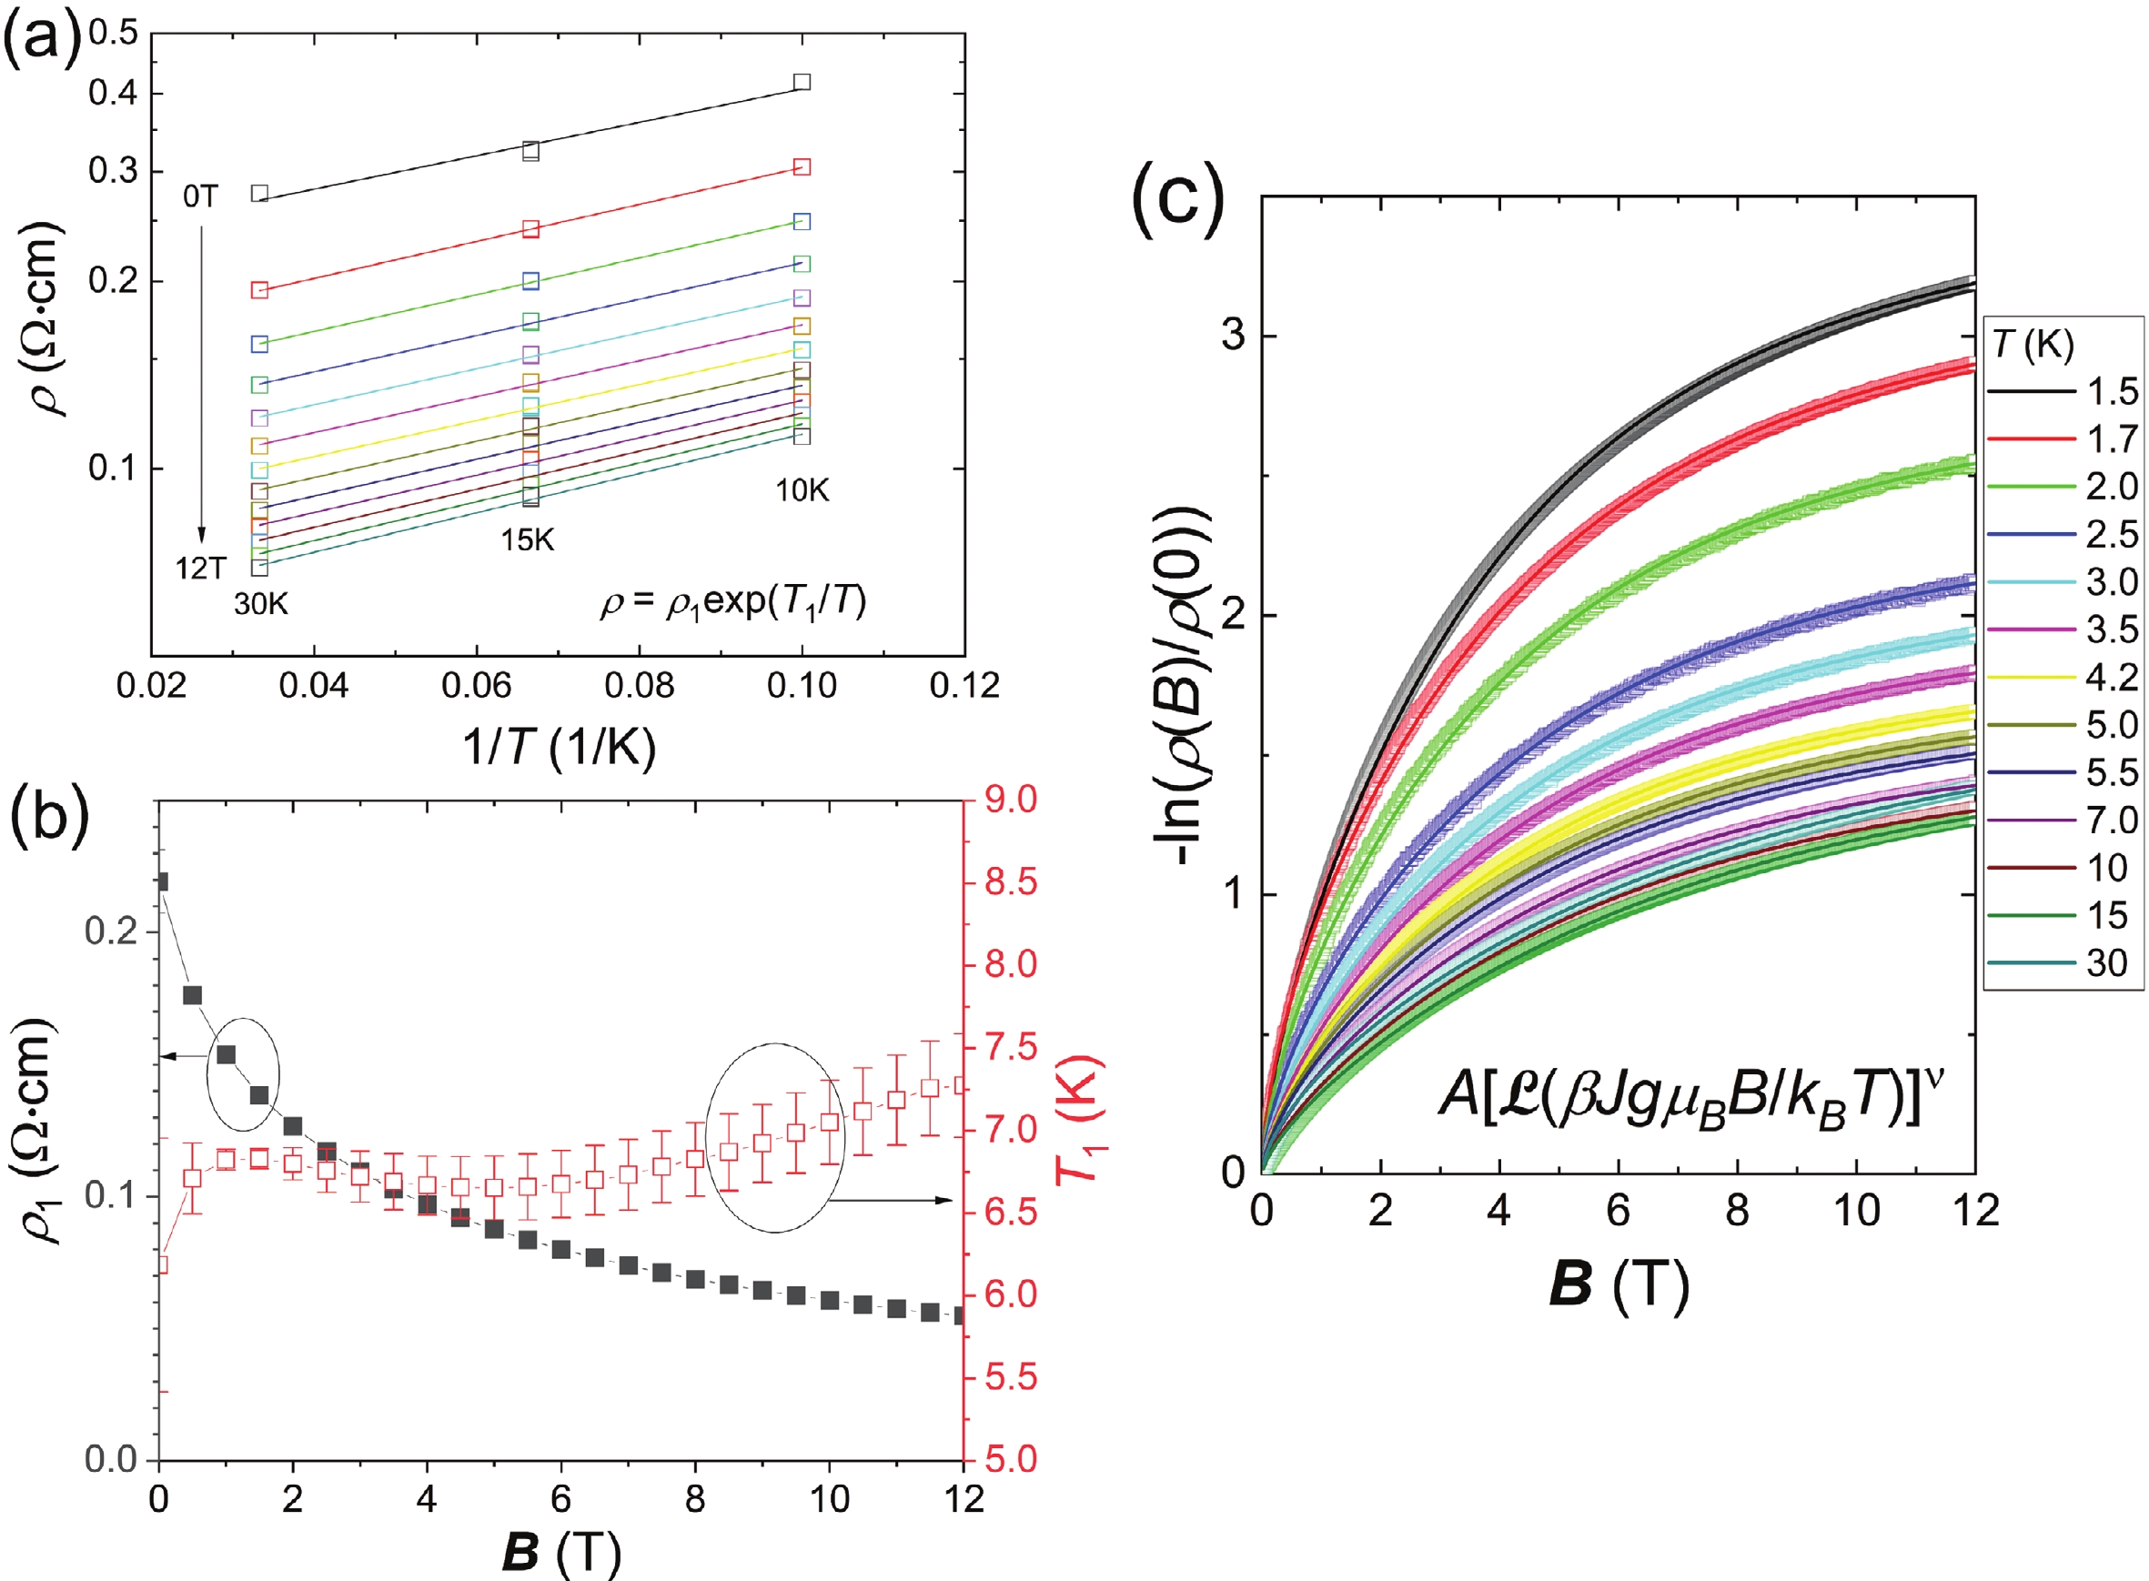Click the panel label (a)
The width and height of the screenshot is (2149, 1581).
43,43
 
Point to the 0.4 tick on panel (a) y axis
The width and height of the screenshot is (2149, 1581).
113,94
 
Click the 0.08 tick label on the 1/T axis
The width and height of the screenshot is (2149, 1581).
639,685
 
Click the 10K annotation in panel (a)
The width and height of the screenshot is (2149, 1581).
802,491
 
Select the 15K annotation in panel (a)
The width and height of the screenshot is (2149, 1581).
528,540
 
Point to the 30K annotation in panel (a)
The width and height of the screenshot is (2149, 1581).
260,605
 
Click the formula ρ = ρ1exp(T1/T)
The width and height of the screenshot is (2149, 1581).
732,603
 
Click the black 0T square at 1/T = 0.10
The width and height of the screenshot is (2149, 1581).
802,82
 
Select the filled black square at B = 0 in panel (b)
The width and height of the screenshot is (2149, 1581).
161,881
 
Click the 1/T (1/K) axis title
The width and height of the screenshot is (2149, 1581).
559,747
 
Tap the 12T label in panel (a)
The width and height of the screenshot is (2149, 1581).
199,569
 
